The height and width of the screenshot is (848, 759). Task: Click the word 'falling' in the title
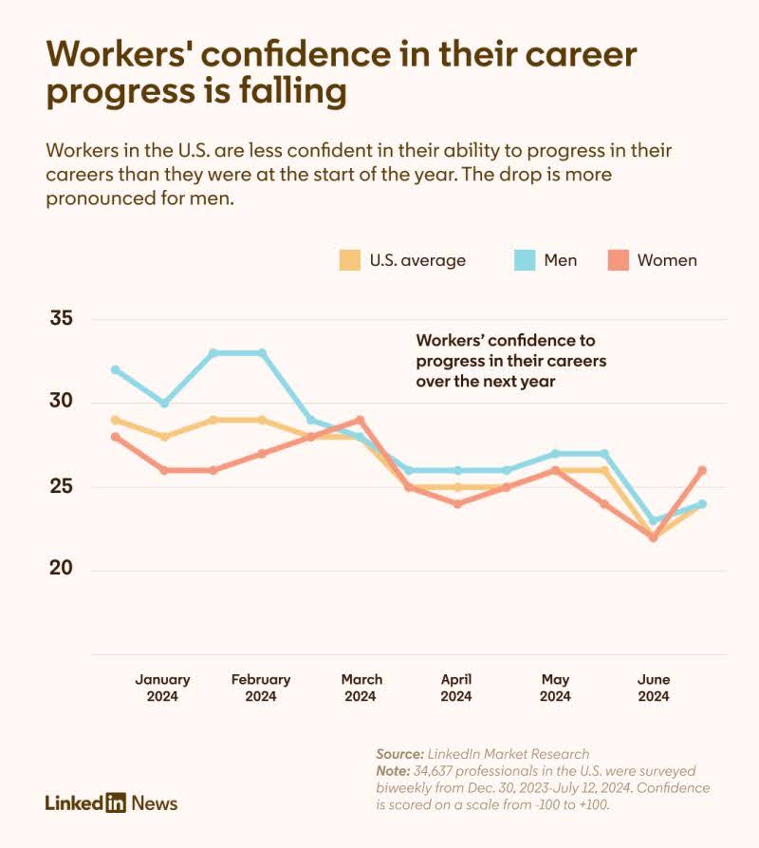(287, 93)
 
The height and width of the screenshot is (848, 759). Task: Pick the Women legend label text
(667, 260)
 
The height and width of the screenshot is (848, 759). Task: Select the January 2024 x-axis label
(162, 688)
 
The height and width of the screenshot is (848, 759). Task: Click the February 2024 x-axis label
(261, 688)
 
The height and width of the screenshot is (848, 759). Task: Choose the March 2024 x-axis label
(361, 688)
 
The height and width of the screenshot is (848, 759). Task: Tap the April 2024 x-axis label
(456, 688)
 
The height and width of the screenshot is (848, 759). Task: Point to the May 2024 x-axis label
(555, 688)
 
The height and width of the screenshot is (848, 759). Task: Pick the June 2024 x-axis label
(654, 688)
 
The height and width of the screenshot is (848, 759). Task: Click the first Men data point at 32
(116, 369)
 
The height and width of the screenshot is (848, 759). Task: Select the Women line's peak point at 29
(360, 420)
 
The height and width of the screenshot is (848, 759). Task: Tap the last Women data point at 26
(702, 470)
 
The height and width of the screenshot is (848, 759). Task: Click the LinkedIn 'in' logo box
(115, 802)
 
